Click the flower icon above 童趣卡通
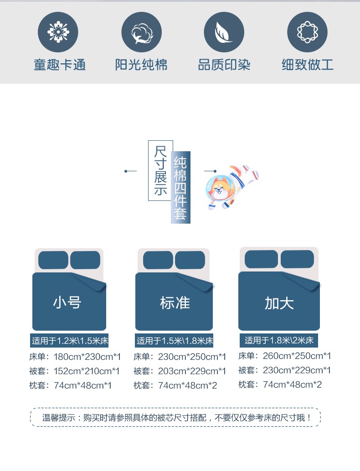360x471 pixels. pos(58,32)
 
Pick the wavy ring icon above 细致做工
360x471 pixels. pos(307,32)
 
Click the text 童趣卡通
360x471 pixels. pos(60,65)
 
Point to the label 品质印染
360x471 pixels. pos(224,65)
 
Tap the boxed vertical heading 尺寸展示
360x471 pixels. pos(160,170)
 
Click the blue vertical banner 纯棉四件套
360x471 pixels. pos(180,187)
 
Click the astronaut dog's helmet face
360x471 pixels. pos(219,188)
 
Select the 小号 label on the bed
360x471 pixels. pos(67,302)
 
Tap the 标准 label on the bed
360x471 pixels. pos(175,302)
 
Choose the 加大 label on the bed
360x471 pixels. pos(279,303)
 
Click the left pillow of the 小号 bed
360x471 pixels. pos(53,260)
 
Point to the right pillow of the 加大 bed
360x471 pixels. pos(297,259)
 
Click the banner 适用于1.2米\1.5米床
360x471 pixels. pos(69,341)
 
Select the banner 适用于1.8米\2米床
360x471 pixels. pos(279,340)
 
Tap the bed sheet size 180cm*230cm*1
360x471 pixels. pos(87,357)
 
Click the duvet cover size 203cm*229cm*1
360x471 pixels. pos(192,371)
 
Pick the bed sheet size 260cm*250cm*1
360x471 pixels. pos(297,356)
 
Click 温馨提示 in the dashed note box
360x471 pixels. pos(59,418)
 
